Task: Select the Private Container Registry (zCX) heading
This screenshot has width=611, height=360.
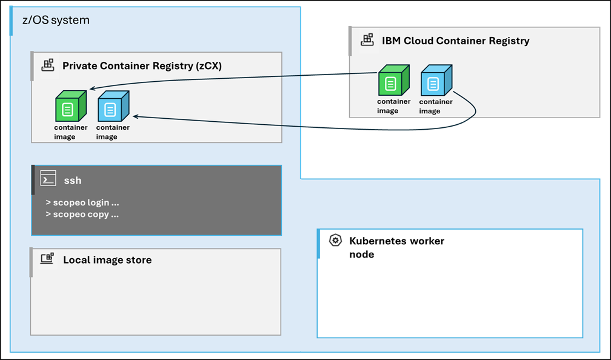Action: (142, 65)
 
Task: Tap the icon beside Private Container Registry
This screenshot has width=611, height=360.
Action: (47, 65)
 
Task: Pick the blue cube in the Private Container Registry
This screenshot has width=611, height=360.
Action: (112, 107)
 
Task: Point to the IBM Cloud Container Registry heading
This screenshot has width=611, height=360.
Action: (455, 41)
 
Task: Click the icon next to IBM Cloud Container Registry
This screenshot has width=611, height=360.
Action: (367, 40)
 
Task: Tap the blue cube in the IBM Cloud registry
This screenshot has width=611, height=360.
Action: (435, 81)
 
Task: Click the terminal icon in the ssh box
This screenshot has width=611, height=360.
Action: (48, 179)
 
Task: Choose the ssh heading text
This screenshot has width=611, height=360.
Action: (73, 180)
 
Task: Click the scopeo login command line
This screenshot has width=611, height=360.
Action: (82, 202)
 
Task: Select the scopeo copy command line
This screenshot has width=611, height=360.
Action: (82, 214)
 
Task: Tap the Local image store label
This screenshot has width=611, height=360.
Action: (107, 260)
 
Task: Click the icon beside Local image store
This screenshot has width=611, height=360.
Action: (47, 259)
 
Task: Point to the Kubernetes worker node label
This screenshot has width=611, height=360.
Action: (396, 247)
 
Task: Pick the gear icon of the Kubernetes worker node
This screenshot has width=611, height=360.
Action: (335, 241)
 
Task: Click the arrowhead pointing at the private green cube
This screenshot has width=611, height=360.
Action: (92, 88)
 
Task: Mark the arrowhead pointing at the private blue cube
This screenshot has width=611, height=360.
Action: (135, 116)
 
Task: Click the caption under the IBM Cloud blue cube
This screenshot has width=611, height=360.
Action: (436, 106)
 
